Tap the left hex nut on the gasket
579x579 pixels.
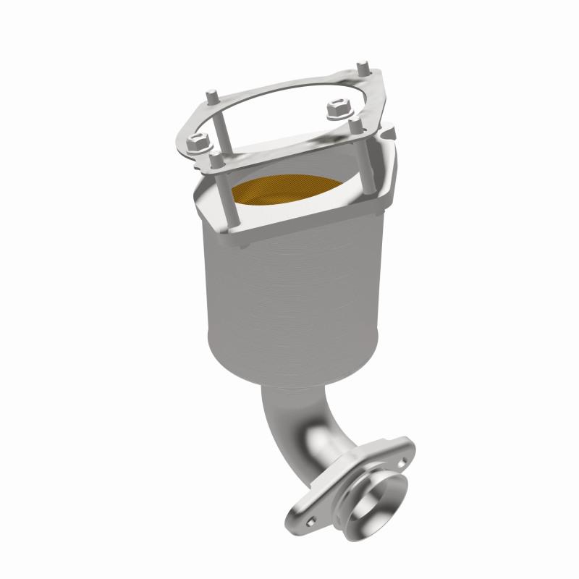coord(195,143)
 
